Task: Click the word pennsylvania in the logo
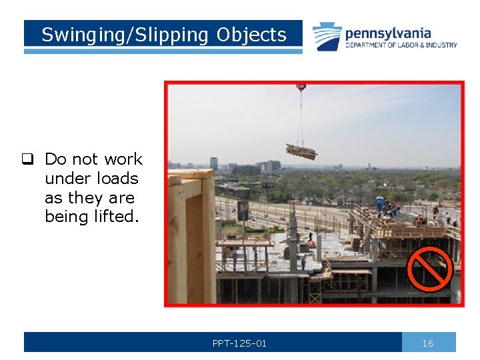(388, 33)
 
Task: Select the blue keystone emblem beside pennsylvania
(327, 37)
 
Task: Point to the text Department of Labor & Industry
(401, 45)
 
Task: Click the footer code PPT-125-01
(239, 343)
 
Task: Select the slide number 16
(428, 343)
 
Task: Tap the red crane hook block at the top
(301, 87)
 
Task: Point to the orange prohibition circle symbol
(429, 270)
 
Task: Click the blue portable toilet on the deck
(380, 203)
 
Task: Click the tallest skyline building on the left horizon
(214, 163)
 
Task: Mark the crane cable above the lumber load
(301, 117)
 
